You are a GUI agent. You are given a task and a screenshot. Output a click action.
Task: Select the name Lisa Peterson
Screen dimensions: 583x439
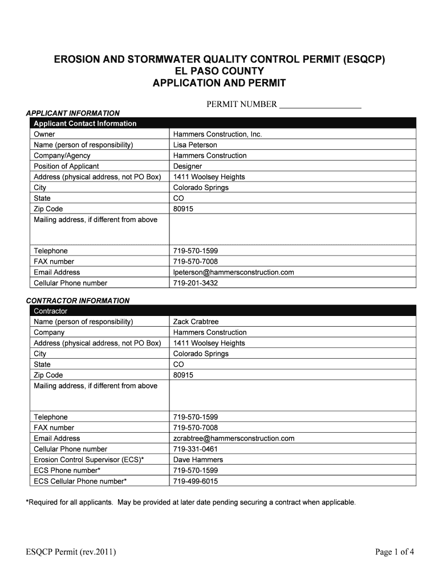pyautogui.click(x=195, y=145)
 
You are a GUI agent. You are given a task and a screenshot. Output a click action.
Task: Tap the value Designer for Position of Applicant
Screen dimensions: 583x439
pyautogui.click(x=188, y=166)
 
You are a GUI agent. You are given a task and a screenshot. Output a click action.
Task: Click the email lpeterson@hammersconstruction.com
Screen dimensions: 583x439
pyautogui.click(x=233, y=273)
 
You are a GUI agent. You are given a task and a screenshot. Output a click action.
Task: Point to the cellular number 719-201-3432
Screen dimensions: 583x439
pyautogui.click(x=195, y=283)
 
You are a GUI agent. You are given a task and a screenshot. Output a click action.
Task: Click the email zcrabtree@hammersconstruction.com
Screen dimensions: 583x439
pyautogui.click(x=234, y=438)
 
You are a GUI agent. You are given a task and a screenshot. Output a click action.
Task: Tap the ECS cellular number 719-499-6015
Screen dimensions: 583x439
pyautogui.click(x=195, y=482)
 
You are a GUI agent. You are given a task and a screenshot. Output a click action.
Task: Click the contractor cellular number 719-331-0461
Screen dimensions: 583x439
pyautogui.click(x=195, y=449)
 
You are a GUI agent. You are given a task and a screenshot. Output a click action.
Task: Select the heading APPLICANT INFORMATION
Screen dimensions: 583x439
pyautogui.click(x=74, y=113)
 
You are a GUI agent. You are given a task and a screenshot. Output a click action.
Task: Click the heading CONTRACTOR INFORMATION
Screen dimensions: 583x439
pyautogui.click(x=78, y=301)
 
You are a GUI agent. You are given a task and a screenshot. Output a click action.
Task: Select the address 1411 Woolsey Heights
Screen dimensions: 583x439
pyautogui.click(x=209, y=177)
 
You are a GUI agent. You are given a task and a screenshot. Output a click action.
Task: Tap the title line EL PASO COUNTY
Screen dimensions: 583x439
pyautogui.click(x=219, y=71)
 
